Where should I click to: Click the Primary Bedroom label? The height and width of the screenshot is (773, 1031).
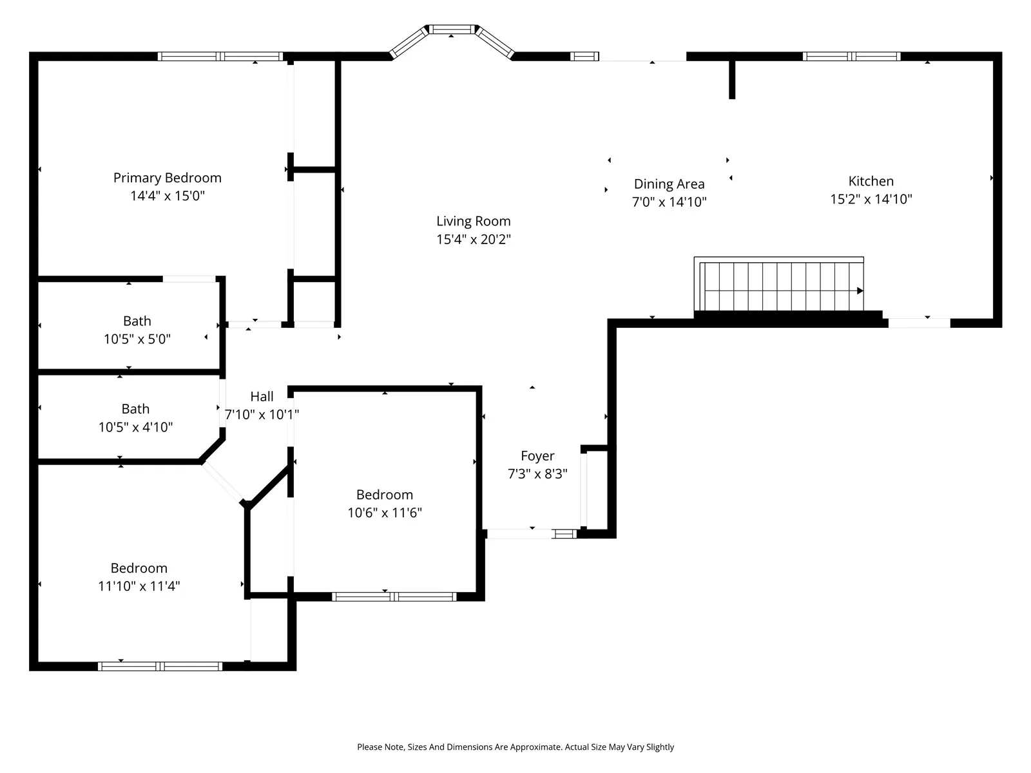pyautogui.click(x=167, y=178)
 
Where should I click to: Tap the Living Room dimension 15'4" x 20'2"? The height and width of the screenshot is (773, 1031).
pyautogui.click(x=474, y=240)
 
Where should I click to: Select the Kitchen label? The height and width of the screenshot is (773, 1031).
pyautogui.click(x=871, y=181)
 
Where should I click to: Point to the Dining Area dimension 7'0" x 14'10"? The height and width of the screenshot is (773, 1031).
pyautogui.click(x=670, y=202)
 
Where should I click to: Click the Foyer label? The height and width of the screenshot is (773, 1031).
pyautogui.click(x=537, y=456)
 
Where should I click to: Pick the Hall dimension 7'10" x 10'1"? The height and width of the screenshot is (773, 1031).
pyautogui.click(x=262, y=414)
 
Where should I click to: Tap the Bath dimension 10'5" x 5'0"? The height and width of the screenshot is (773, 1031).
pyautogui.click(x=137, y=339)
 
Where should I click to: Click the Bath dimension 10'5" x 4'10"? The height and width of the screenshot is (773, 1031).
pyautogui.click(x=136, y=427)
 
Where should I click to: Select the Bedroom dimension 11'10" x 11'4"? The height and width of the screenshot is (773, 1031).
pyautogui.click(x=139, y=586)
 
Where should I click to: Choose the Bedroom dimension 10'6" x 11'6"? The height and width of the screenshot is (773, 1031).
pyautogui.click(x=385, y=513)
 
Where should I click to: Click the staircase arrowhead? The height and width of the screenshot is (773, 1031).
pyautogui.click(x=860, y=291)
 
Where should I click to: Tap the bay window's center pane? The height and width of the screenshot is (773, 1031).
pyautogui.click(x=452, y=30)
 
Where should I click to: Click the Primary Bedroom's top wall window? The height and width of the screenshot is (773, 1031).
pyautogui.click(x=220, y=57)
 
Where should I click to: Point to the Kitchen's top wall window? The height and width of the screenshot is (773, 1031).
pyautogui.click(x=852, y=57)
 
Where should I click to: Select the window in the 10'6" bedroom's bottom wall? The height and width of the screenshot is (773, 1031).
pyautogui.click(x=394, y=597)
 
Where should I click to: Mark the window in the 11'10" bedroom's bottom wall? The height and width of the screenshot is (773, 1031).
pyautogui.click(x=160, y=667)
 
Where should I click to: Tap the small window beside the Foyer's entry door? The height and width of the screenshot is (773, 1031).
pyautogui.click(x=564, y=533)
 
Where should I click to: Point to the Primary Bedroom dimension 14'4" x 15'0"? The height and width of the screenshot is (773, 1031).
pyautogui.click(x=168, y=196)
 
